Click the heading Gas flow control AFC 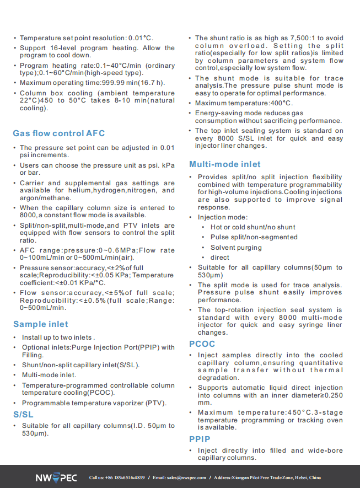tap(58, 133)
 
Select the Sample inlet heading tap(41, 324)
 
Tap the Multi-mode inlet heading tap(225, 164)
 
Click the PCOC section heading tap(202, 344)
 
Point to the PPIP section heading tap(200, 439)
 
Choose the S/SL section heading tap(23, 414)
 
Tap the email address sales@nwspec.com tap(187, 478)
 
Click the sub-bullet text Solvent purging tap(236, 248)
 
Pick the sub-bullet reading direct tap(220, 258)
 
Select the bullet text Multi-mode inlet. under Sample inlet tap(49, 375)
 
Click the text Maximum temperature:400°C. tap(244, 103)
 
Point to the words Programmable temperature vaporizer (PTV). tap(94, 403)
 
